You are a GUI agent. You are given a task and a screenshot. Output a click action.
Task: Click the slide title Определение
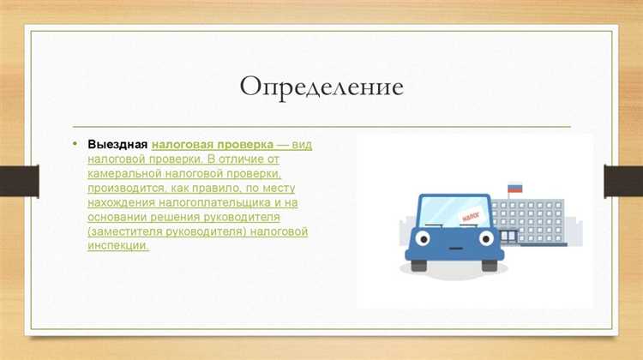[321, 88]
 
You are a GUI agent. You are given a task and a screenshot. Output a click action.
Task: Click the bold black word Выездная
[117, 144]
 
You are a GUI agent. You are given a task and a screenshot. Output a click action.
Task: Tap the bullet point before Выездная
[75, 143]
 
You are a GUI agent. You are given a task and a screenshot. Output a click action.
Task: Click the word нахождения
[122, 203]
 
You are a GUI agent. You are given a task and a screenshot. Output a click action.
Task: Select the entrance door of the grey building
[509, 237]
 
